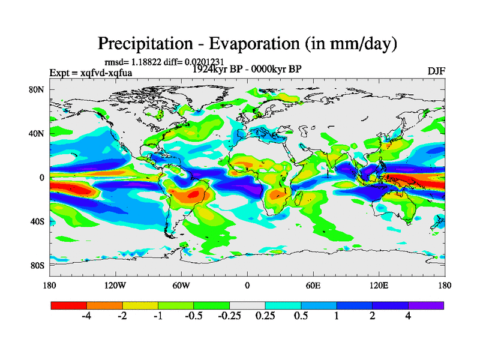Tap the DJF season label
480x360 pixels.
(436, 71)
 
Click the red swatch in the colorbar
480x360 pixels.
(68, 305)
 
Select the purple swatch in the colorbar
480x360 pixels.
(426, 305)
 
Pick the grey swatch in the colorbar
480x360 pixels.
(247, 305)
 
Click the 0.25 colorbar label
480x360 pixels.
(265, 317)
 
